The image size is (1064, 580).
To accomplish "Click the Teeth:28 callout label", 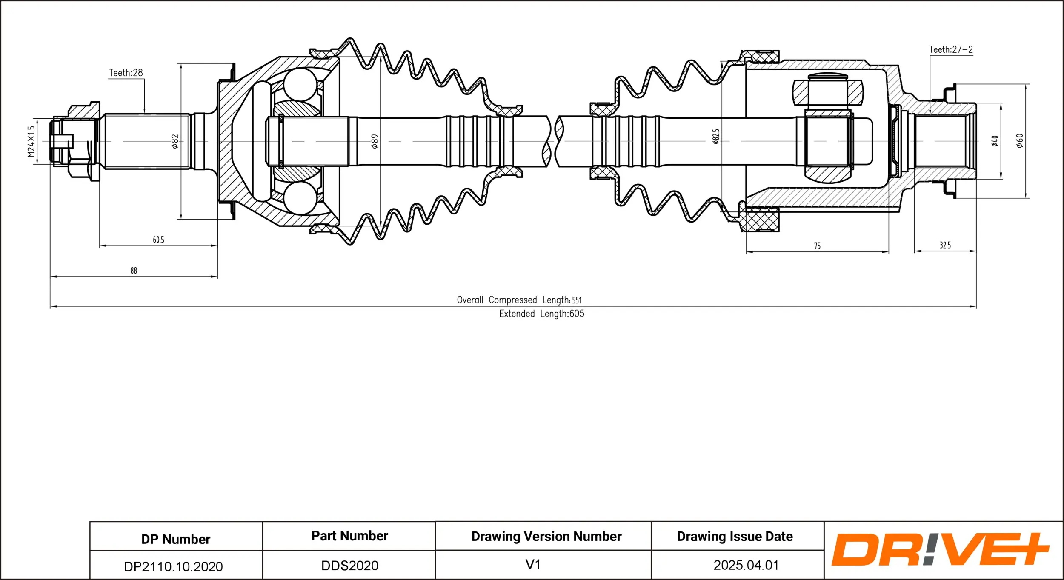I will point(126,73).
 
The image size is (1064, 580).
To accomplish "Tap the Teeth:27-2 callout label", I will point(951,49).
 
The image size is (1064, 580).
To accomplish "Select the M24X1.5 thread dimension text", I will point(31,141).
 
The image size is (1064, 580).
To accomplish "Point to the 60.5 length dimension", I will point(158,240).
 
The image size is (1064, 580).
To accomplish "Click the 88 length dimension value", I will point(134,271).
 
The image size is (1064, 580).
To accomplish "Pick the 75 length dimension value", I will point(817,246).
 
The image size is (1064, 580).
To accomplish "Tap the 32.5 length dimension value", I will point(945,245).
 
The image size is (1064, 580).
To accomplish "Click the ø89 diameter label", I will point(375,141).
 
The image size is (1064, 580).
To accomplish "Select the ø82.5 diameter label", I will point(716,137).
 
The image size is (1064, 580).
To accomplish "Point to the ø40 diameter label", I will point(995,141).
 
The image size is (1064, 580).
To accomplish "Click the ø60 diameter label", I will point(1019,140).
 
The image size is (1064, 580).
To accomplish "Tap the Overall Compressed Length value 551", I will point(577,300).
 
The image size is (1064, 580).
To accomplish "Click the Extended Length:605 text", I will point(541,314).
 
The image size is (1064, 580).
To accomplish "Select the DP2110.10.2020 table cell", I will point(173,566).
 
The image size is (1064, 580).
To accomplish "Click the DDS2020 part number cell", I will point(349,566).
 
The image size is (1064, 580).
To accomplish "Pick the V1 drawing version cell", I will point(533,564).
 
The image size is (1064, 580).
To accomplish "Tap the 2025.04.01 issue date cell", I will point(746,565).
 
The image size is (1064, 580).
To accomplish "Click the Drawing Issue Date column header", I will point(735,536).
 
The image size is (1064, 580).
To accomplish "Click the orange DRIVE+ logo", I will point(939,550).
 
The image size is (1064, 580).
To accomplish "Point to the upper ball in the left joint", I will point(300,84).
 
